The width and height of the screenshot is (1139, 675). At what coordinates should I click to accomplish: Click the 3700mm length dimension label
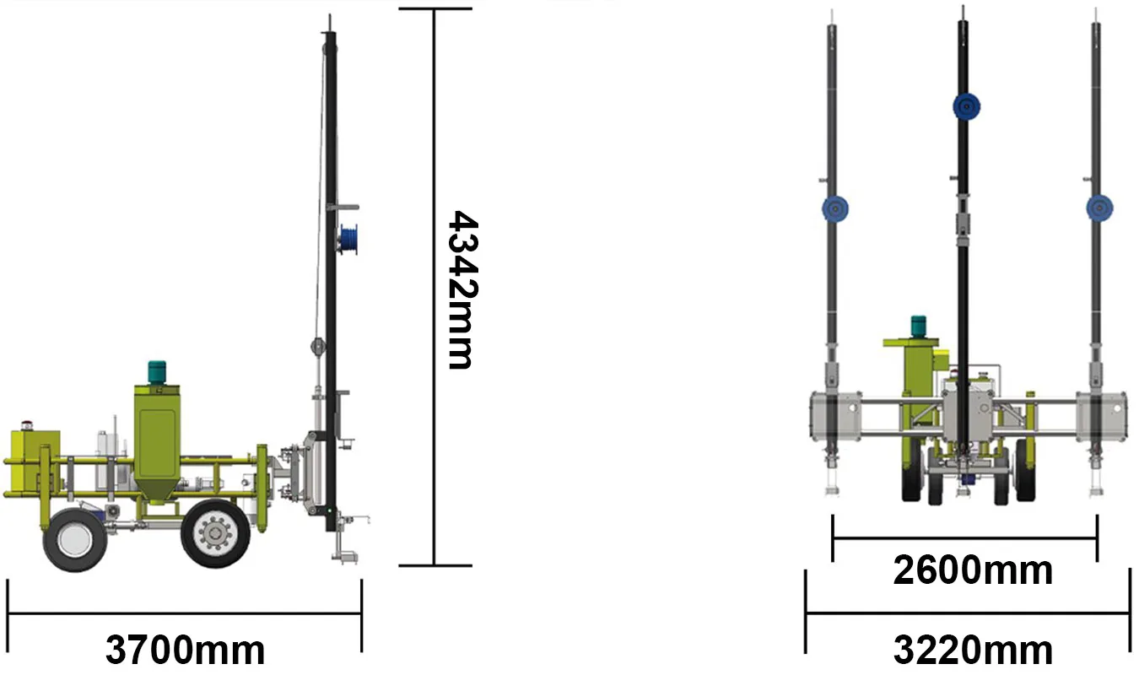coord(185,650)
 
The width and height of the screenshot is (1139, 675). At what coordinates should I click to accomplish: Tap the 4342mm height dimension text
coord(462,290)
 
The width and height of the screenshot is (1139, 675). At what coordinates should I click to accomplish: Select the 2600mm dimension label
coord(973,570)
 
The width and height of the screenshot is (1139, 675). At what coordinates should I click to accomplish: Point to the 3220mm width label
coord(973,650)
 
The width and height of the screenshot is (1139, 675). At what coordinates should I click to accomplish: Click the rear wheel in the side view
coord(75,540)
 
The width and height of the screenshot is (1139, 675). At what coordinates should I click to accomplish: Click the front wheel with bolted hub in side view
coord(216,533)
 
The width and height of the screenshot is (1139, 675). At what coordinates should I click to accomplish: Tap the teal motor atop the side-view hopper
coord(157,372)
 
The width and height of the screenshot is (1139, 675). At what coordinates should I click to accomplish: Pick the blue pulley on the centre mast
coord(967,107)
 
